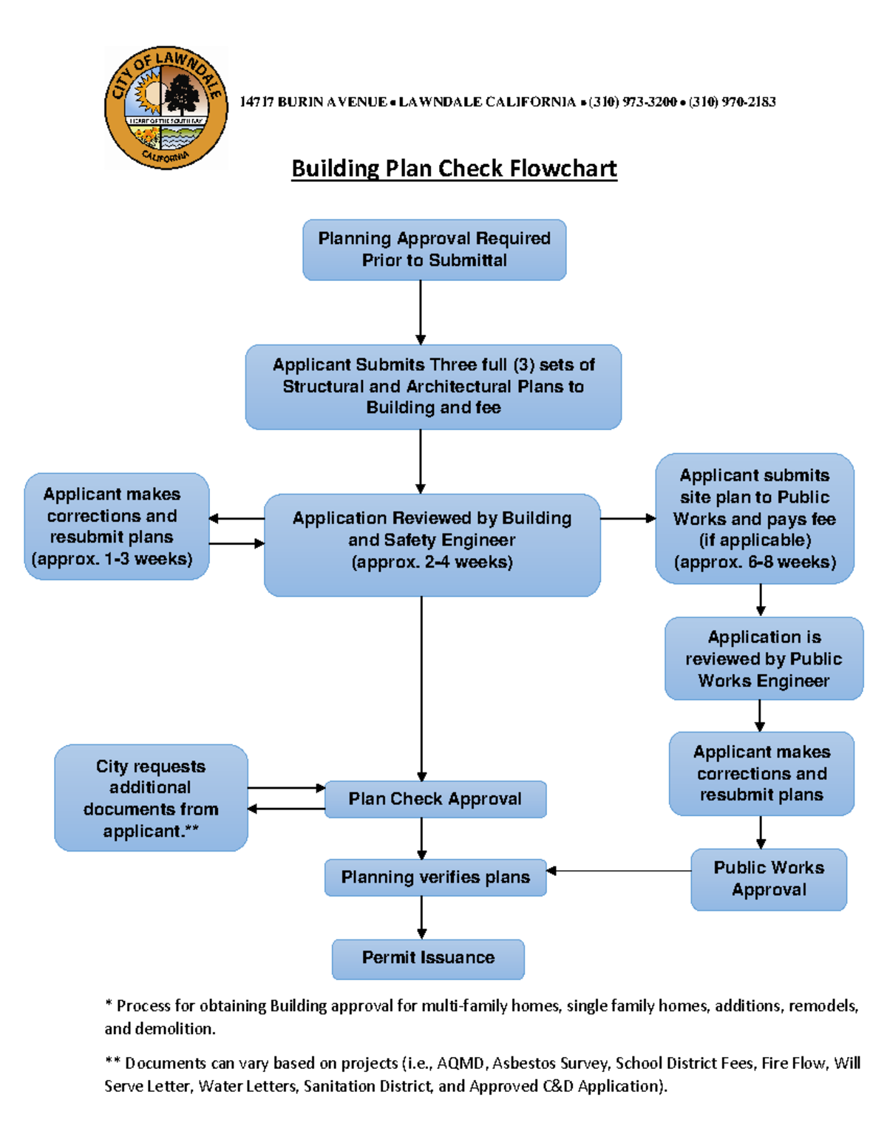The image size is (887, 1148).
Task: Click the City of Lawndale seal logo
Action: coord(166,108)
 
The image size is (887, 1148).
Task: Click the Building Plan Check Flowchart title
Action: coord(454,169)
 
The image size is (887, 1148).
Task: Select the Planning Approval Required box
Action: coord(434,250)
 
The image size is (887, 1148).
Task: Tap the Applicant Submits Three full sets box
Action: coord(433,387)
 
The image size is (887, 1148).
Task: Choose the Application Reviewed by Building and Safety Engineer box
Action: coord(432,544)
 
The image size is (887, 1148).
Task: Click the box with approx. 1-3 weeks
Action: coord(116,526)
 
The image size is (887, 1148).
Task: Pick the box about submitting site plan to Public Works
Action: coord(755,518)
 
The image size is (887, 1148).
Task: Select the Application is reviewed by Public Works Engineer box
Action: coord(764,659)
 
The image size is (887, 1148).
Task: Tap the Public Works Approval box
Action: coord(769,879)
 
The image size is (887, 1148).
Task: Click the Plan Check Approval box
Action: coord(435,799)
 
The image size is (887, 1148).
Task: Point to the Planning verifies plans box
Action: coord(435,877)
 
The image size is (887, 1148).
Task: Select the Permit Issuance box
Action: coord(428,959)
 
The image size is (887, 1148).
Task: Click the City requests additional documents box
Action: coord(151,798)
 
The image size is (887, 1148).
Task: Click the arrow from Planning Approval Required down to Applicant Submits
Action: coord(421,312)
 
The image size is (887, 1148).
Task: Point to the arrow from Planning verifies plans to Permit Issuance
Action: coord(421,917)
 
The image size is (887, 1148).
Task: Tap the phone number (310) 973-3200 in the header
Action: coord(633,102)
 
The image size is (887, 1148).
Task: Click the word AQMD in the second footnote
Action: coord(461,1063)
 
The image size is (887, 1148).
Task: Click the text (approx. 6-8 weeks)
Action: coord(755,563)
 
